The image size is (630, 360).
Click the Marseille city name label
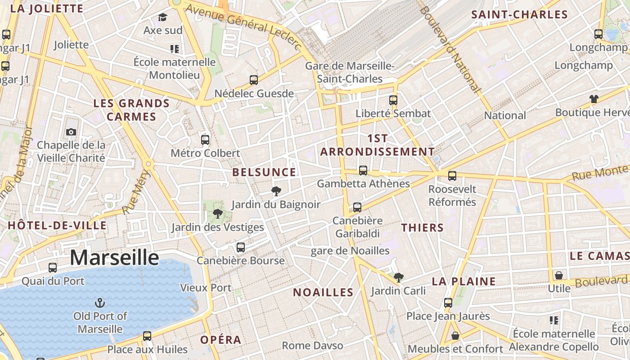[114, 258]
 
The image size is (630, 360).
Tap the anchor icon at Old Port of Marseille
[100, 302]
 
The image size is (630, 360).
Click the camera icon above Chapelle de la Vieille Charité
[71, 132]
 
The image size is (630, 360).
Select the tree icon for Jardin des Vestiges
[218, 213]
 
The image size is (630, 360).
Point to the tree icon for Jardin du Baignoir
[276, 191]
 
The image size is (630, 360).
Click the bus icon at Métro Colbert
[205, 139]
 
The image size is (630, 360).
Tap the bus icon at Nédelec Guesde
[254, 80]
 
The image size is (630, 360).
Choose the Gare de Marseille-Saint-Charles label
[350, 72]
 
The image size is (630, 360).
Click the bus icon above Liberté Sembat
[393, 100]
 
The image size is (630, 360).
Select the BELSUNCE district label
[264, 172]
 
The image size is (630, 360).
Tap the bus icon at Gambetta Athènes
[363, 170]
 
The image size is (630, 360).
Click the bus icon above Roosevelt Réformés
[452, 175]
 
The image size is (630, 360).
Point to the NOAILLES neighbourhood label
[323, 292]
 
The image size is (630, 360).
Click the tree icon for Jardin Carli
[398, 277]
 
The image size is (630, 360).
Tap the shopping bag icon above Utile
[559, 275]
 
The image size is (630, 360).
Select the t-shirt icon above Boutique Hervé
[594, 99]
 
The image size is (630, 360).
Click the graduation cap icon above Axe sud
[162, 17]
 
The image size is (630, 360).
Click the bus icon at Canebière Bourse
[241, 247]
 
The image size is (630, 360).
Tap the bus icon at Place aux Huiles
[147, 336]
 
